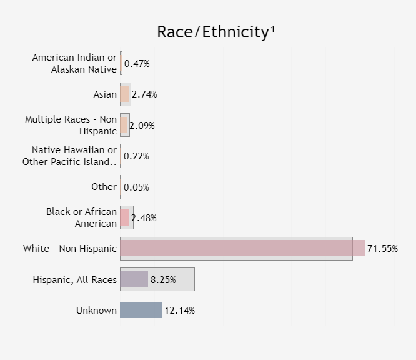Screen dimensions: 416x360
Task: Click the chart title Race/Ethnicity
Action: (213, 32)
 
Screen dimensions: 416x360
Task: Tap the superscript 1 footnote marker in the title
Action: (273, 29)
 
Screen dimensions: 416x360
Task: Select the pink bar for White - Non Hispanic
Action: (242, 248)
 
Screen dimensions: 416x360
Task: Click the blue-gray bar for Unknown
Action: (141, 310)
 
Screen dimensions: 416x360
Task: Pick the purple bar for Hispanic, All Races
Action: (134, 279)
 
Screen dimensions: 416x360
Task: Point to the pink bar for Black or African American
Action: (124, 217)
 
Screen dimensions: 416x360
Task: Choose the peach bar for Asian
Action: (125, 94)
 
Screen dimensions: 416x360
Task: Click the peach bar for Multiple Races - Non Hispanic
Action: (124, 125)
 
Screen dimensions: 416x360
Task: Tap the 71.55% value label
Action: (382, 249)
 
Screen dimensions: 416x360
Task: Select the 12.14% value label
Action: (180, 311)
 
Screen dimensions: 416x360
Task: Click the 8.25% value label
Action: (163, 279)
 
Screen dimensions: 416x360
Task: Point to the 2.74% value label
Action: (144, 94)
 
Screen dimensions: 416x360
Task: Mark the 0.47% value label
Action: (137, 64)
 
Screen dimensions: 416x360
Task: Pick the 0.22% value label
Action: (136, 156)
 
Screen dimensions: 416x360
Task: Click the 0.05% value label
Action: (136, 187)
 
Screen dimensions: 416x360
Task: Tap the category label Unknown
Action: (96, 311)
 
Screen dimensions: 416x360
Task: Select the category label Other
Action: (104, 187)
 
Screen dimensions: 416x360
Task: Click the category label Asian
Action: (105, 94)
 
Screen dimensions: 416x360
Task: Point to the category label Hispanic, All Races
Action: (75, 280)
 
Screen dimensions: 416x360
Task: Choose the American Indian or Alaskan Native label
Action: (74, 63)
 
